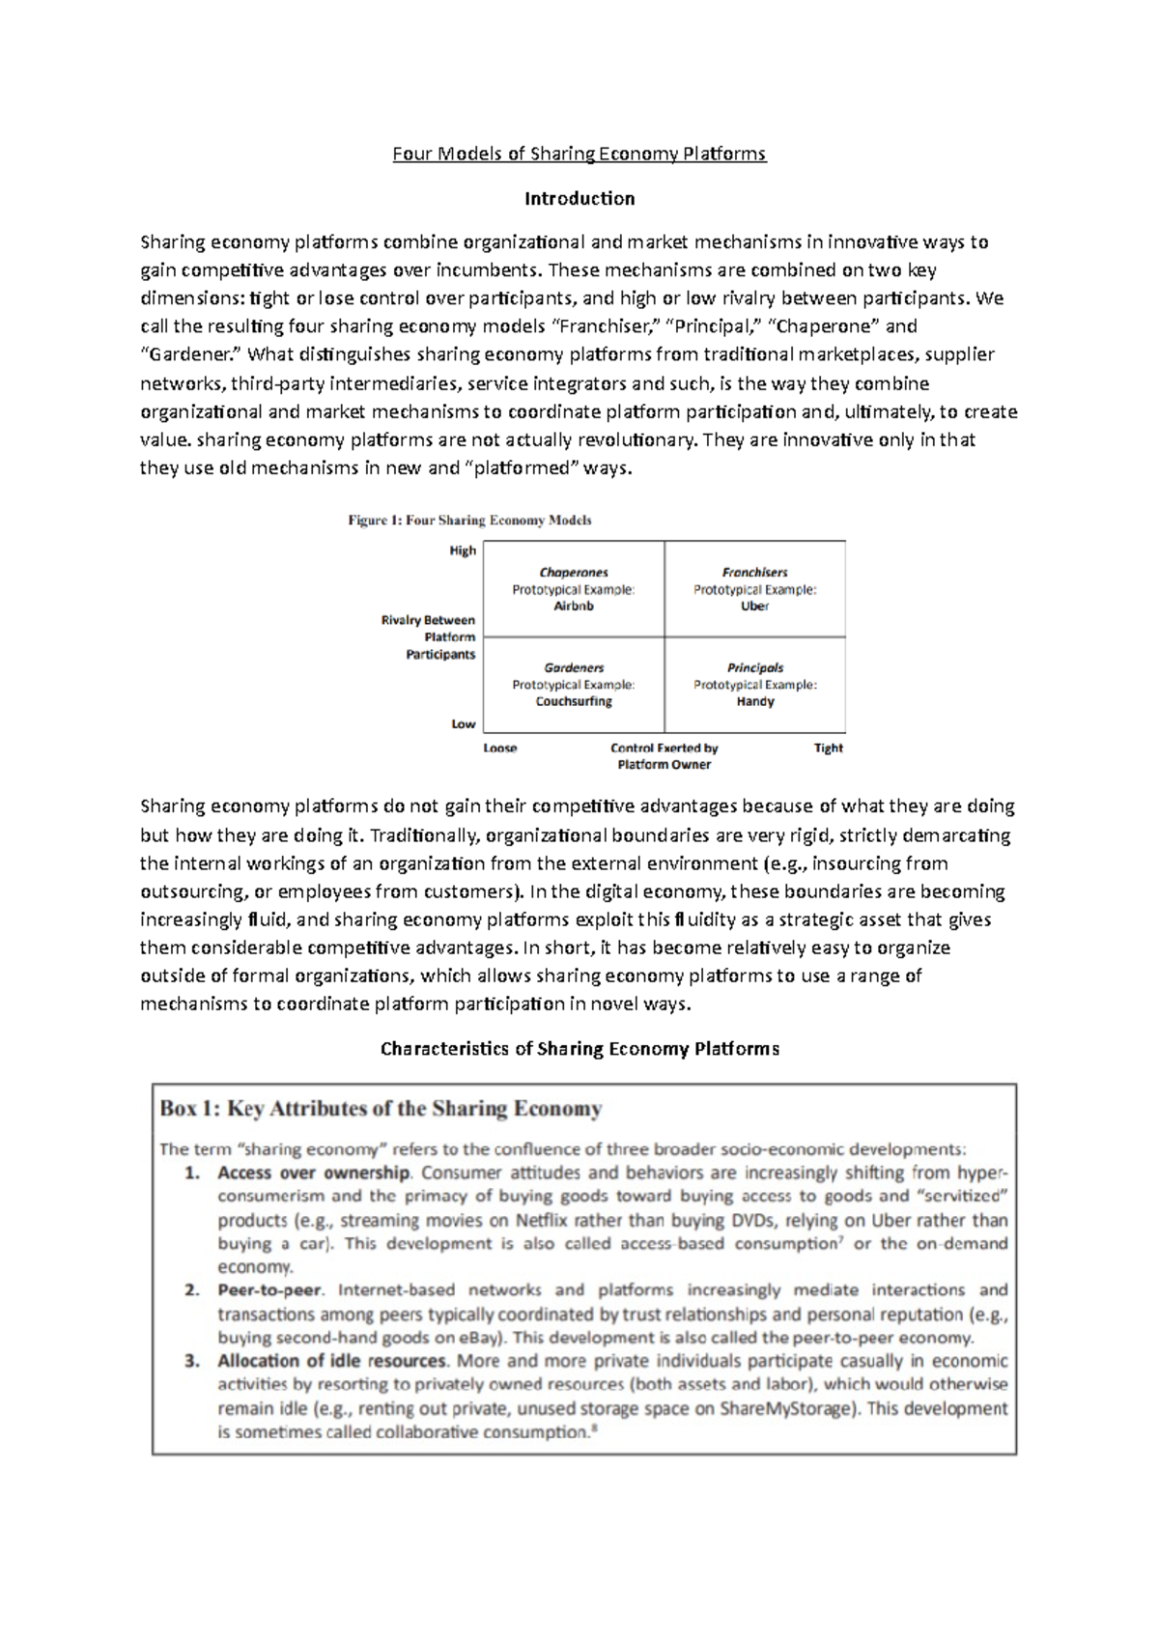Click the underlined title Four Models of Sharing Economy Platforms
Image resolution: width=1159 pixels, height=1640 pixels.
point(579,154)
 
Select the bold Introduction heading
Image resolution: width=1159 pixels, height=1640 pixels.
point(579,198)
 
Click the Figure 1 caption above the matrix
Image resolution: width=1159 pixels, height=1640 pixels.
point(469,520)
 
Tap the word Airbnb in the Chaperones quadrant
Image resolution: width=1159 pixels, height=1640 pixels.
point(574,607)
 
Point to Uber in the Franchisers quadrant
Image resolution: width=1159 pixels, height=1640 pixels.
point(754,607)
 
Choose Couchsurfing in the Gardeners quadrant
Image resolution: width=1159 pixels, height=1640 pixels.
point(574,701)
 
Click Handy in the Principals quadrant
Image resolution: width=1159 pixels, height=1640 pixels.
point(754,701)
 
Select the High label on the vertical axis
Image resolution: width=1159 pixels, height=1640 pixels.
point(463,551)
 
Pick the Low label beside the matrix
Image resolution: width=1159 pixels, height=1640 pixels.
point(464,723)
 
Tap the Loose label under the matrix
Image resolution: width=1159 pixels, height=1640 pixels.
point(500,748)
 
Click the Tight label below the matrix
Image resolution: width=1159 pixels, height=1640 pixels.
point(828,748)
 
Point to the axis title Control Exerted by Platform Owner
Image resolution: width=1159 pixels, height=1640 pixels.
point(664,755)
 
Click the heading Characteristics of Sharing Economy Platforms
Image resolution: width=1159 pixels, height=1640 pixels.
point(579,1048)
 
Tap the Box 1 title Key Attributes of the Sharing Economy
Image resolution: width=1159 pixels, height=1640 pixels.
point(381,1109)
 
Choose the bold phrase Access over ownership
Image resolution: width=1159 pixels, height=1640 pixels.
point(314,1173)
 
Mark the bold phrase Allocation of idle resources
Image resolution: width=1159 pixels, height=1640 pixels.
point(331,1361)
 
